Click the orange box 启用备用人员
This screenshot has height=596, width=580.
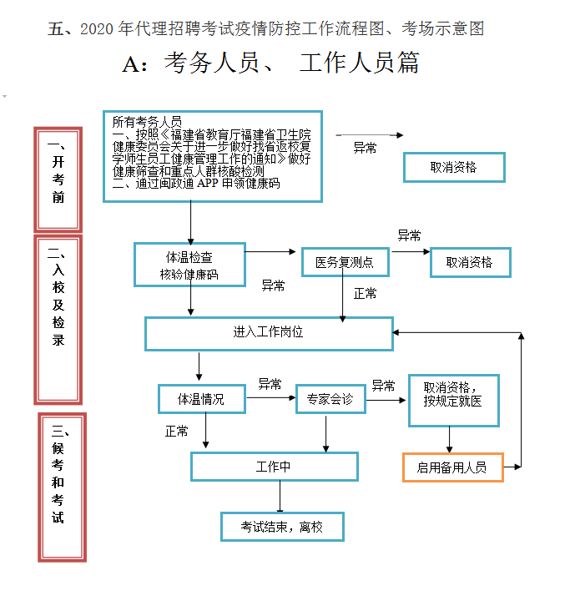click(453, 467)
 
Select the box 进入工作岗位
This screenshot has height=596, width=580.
click(269, 332)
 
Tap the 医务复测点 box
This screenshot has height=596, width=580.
click(345, 263)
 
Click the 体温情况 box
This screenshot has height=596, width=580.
click(202, 399)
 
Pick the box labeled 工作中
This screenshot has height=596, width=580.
click(274, 467)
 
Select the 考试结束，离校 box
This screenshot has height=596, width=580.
click(282, 527)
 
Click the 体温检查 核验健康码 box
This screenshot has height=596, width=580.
click(190, 265)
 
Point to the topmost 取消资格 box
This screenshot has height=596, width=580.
click(454, 167)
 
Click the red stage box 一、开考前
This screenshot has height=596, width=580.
click(58, 179)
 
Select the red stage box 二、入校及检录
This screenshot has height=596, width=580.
click(58, 320)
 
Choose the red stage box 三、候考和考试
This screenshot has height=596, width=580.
click(62, 486)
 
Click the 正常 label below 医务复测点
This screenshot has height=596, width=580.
click(365, 294)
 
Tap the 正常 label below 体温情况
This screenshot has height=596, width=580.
click(177, 432)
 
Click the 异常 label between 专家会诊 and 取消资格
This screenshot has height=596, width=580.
click(384, 386)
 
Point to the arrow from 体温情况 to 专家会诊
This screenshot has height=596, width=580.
click(271, 399)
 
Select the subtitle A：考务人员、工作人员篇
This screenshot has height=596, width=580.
click(270, 63)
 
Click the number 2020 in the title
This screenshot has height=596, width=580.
click(98, 29)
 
